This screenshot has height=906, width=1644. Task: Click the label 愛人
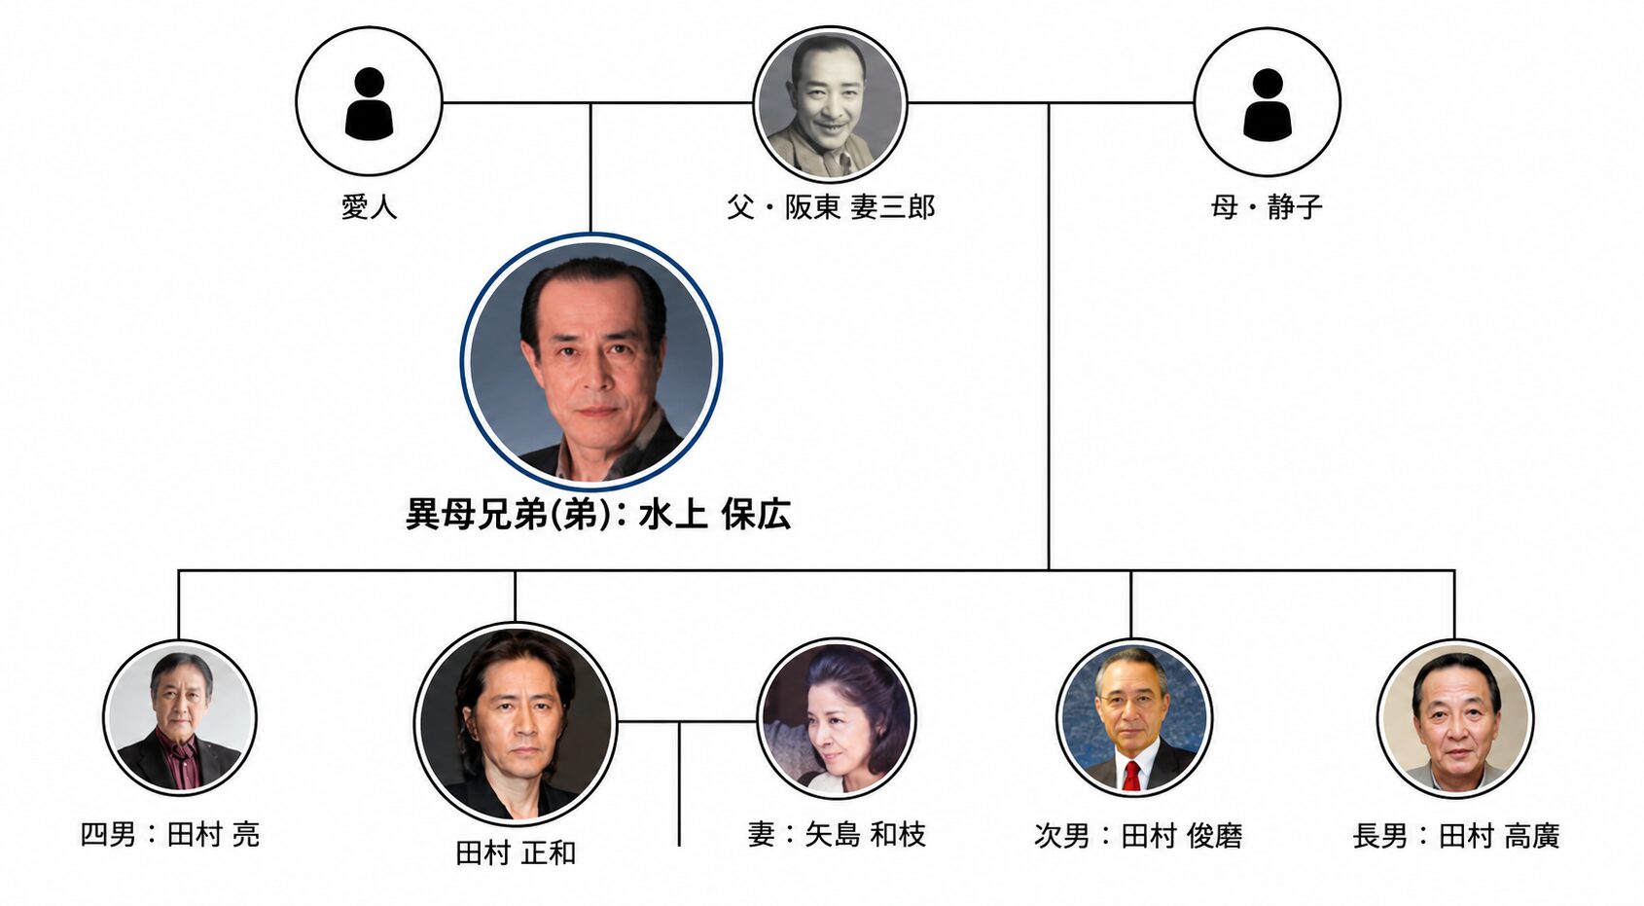click(x=369, y=208)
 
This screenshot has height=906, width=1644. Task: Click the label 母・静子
click(x=1267, y=208)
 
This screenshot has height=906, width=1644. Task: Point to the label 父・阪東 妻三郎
click(x=832, y=208)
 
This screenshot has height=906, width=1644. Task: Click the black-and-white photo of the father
click(x=830, y=104)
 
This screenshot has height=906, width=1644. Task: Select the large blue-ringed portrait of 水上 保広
click(x=591, y=361)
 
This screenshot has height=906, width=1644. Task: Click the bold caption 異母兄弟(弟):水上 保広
click(x=598, y=514)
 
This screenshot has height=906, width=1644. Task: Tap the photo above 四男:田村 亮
click(x=180, y=717)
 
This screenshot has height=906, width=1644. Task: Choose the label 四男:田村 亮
click(x=170, y=836)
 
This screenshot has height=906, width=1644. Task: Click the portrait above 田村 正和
click(x=516, y=724)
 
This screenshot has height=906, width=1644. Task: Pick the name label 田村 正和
click(x=516, y=853)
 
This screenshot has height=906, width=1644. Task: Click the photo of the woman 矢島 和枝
click(x=836, y=717)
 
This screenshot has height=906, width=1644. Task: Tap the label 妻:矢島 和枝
click(x=837, y=836)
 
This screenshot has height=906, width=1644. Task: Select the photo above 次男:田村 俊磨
click(x=1134, y=717)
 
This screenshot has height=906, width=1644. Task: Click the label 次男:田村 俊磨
click(x=1138, y=836)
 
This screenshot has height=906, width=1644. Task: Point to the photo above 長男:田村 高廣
click(x=1455, y=718)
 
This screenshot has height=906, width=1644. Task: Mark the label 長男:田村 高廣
click(x=1456, y=836)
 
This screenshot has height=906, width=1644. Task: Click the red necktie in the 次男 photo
click(x=1131, y=776)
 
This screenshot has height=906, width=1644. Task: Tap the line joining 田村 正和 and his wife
click(x=687, y=722)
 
